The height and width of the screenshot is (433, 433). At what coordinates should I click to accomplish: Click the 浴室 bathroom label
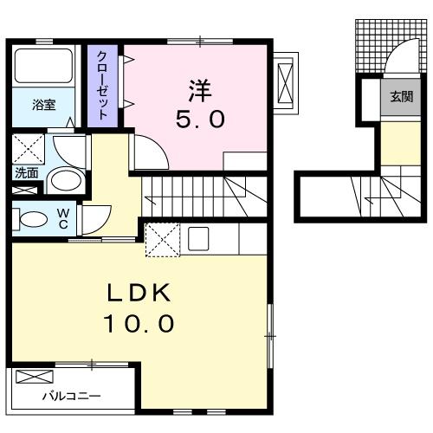(x=43, y=105)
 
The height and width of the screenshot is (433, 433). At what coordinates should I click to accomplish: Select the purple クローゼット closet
(x=103, y=86)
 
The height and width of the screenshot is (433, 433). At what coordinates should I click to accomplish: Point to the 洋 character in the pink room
(x=200, y=90)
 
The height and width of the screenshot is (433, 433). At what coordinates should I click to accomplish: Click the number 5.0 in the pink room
(x=200, y=120)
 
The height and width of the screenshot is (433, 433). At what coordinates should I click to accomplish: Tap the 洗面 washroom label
(x=27, y=173)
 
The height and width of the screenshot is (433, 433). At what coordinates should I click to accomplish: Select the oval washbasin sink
(x=66, y=181)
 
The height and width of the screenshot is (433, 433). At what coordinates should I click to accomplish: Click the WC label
(x=63, y=218)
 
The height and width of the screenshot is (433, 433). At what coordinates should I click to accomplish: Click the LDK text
(x=139, y=293)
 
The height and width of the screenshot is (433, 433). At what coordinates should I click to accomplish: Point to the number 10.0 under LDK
(x=139, y=323)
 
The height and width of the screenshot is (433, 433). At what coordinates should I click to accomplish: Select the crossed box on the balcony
(x=35, y=377)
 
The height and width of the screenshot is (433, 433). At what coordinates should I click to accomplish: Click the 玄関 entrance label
(x=401, y=97)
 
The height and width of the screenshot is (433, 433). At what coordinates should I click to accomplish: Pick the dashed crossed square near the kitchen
(x=163, y=240)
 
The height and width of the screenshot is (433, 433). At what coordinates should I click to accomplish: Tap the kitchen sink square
(x=198, y=238)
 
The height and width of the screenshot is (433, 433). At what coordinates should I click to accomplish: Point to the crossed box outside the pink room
(x=285, y=83)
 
